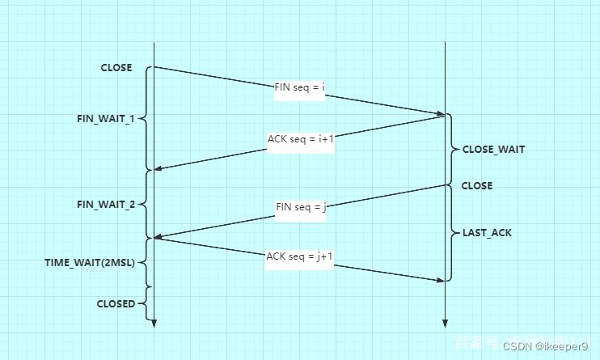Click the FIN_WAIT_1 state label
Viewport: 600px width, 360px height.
105,118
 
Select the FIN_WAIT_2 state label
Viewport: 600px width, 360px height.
105,204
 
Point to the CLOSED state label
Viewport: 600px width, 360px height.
116,303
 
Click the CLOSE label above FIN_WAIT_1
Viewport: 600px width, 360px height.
116,68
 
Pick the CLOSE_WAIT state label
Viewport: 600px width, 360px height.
493,149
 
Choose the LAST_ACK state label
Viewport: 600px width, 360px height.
487,233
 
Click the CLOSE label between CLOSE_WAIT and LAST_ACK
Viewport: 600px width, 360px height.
477,185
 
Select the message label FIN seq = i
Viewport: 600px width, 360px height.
299,87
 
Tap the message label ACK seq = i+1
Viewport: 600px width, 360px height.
301,138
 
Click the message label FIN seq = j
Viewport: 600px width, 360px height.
301,207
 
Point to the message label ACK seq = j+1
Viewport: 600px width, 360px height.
300,256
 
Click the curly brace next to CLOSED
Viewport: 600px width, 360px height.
146,303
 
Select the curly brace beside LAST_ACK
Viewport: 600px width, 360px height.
453,233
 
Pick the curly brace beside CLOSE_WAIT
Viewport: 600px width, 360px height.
453,150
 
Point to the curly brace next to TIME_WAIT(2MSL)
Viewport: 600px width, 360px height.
146,263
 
